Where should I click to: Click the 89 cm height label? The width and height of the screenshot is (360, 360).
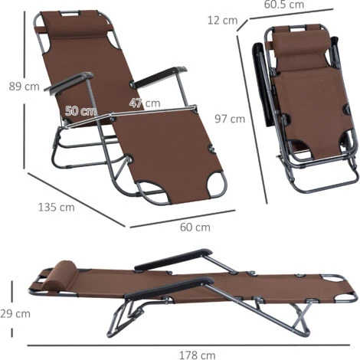25,87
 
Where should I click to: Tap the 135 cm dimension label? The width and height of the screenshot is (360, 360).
57,207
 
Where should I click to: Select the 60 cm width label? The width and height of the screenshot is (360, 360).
195,227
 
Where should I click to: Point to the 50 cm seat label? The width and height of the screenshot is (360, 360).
81,111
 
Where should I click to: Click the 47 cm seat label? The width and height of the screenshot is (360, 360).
145,103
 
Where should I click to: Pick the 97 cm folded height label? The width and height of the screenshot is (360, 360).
230,119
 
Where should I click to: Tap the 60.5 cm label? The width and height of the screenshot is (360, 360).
284,5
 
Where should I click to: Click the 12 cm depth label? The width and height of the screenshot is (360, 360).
222,21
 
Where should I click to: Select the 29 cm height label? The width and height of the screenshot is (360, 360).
15,313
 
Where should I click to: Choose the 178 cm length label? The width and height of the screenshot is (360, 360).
197,355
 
